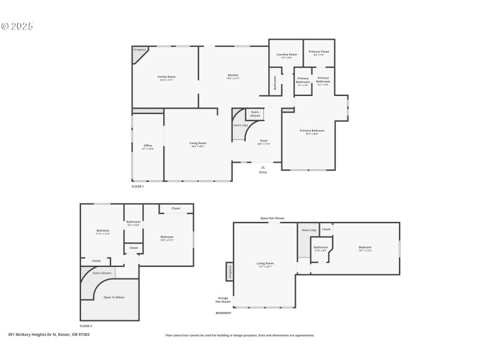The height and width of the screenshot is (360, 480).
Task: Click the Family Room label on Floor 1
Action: coord(166,77)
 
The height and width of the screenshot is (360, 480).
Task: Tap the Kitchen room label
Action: coord(233,76)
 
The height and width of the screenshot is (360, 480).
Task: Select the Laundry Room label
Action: coord(286,55)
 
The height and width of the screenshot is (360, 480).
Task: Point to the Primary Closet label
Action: coord(319,52)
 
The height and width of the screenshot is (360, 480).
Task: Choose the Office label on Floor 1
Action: coord(148,146)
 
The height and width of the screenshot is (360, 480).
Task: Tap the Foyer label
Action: coord(264,140)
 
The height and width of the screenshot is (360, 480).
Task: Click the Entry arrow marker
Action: coord(262,167)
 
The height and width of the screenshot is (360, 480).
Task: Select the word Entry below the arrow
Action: coord(263,173)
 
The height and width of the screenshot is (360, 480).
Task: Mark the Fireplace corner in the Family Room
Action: coord(139,50)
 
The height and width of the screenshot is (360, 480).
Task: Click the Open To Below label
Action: coord(114,297)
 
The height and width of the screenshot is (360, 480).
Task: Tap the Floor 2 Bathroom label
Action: coord(133,222)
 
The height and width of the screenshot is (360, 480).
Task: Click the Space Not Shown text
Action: coord(272,218)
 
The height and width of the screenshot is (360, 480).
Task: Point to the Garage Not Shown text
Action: coord(223,301)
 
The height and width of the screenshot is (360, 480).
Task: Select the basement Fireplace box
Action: coord(229,272)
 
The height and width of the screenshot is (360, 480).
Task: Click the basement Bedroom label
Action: coord(365,247)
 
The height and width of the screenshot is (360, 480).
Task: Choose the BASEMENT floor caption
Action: coord(223,313)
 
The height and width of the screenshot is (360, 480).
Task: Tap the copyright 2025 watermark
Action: coord(17,26)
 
